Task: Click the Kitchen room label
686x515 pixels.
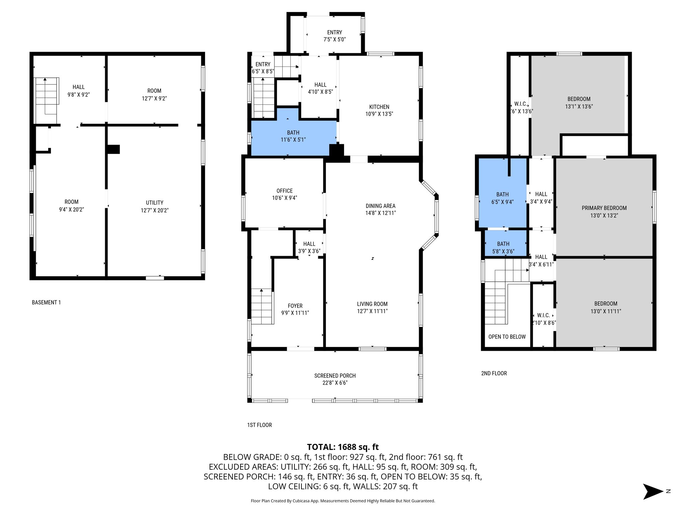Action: [x=379, y=107]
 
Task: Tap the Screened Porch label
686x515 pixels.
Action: [x=335, y=376]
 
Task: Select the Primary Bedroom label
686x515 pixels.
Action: [x=604, y=208]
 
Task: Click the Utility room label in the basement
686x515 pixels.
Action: [x=154, y=203]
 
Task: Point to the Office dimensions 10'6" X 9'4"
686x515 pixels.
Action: [x=284, y=198]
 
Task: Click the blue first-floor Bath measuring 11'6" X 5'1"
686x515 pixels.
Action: [x=293, y=136]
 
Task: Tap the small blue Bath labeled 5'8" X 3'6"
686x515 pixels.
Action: [x=503, y=247]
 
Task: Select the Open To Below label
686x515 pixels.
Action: [x=507, y=337]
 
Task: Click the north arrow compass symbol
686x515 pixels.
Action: [x=653, y=492]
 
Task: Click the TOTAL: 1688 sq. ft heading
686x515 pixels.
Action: [x=343, y=447]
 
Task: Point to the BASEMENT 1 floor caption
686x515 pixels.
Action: [x=46, y=302]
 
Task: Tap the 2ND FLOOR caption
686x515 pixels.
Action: [x=494, y=373]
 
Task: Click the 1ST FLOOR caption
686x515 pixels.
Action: [x=259, y=425]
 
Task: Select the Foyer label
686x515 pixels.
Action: [x=295, y=306]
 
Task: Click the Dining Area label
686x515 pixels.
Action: [x=381, y=206]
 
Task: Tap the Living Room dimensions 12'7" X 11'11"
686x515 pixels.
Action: [x=372, y=311]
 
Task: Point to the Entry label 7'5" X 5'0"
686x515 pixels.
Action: [x=335, y=36]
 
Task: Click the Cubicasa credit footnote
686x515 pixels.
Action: [x=343, y=501]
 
